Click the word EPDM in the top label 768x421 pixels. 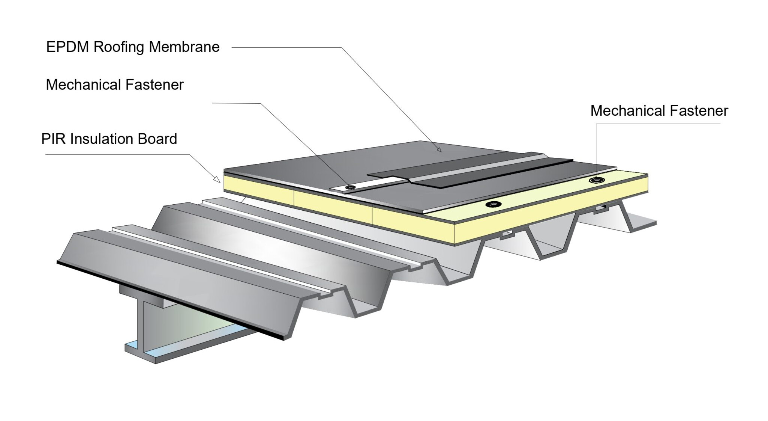point(67,47)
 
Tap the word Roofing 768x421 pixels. point(118,47)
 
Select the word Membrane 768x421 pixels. point(184,47)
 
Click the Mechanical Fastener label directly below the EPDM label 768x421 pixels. point(115,85)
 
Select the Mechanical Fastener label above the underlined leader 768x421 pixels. point(659,111)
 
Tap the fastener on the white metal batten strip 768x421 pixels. point(351,187)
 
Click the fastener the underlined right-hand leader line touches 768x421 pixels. point(596,180)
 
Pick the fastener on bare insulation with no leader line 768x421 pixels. point(493,204)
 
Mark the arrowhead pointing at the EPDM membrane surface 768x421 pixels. point(439,149)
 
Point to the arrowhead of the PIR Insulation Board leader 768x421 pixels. point(217,180)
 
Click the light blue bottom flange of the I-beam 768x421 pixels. point(187,344)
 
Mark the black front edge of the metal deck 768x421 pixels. point(170,300)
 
